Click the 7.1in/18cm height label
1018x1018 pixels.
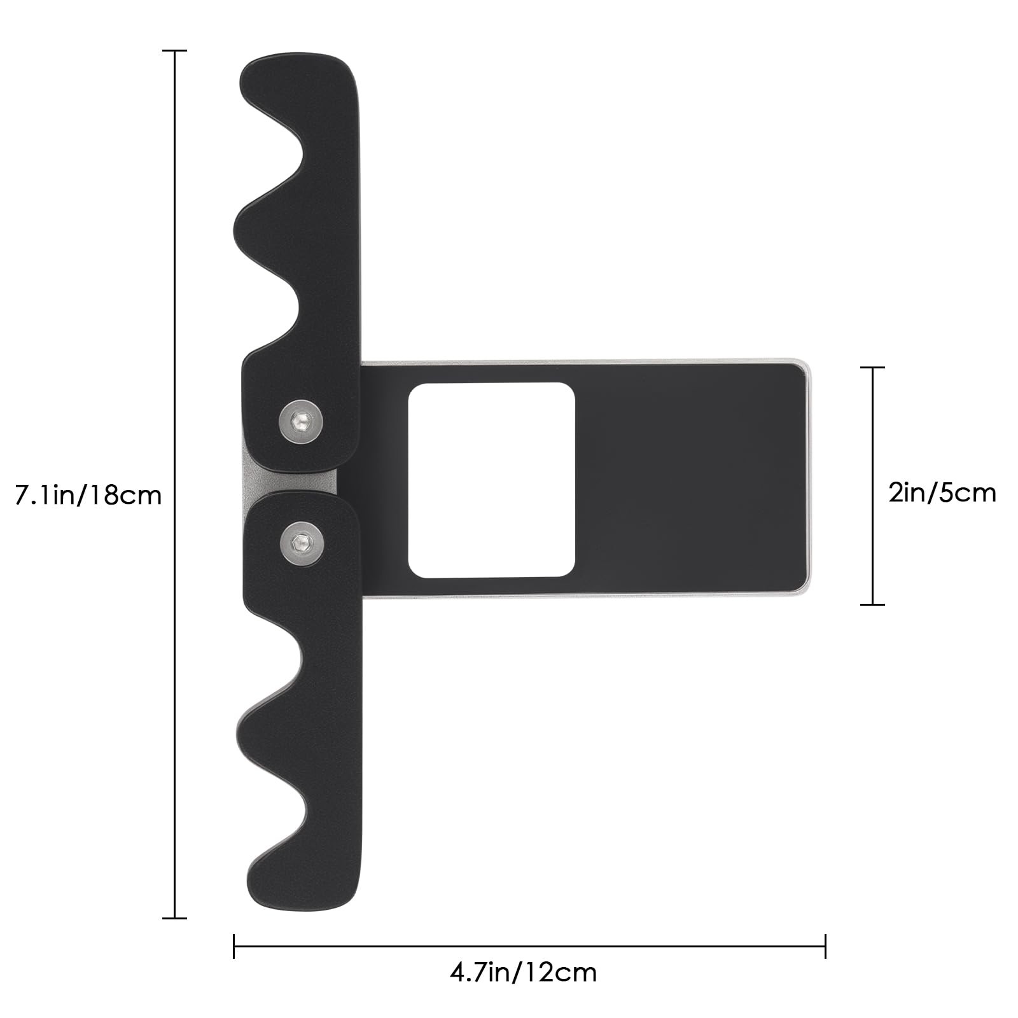pyautogui.click(x=88, y=494)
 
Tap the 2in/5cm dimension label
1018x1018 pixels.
pyautogui.click(x=942, y=492)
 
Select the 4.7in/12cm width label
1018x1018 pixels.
pyautogui.click(x=524, y=973)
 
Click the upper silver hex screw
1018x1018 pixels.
pyautogui.click(x=301, y=420)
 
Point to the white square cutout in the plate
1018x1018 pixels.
pyautogui.click(x=491, y=480)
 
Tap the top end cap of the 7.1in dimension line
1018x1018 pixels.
pyautogui.click(x=174, y=50)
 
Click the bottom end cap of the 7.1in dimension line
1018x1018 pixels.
pyautogui.click(x=174, y=918)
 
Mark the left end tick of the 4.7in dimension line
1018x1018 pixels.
pyautogui.click(x=234, y=946)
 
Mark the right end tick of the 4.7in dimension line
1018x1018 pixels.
pyautogui.click(x=825, y=946)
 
